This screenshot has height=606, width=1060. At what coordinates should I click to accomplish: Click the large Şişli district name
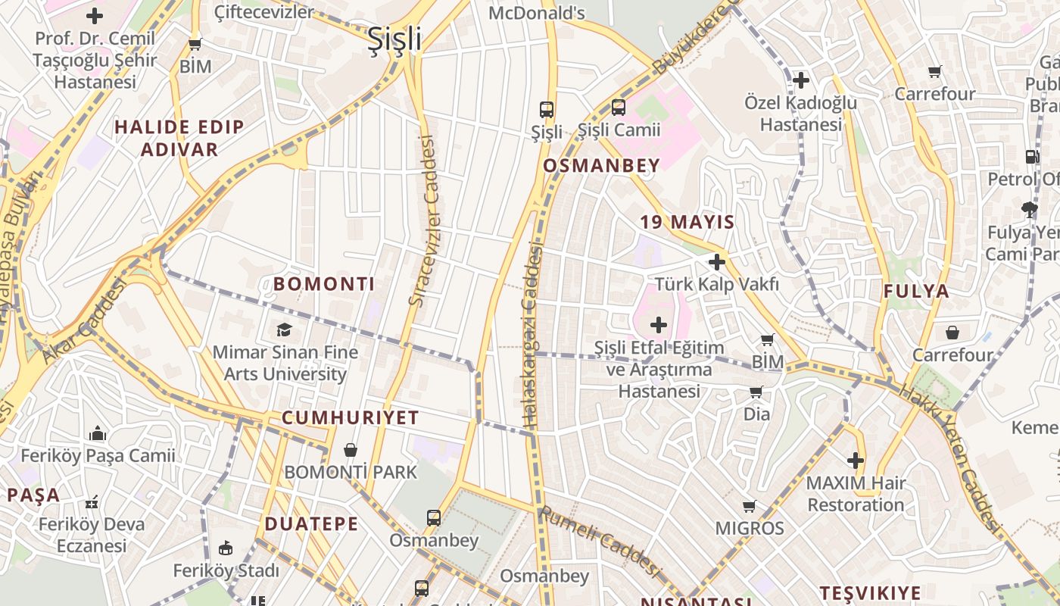(x=394, y=39)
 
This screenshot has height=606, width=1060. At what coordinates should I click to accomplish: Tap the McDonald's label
(x=537, y=13)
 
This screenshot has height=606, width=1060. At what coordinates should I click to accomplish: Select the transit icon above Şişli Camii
(x=619, y=108)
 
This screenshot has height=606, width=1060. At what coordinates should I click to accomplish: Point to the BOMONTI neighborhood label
(x=324, y=284)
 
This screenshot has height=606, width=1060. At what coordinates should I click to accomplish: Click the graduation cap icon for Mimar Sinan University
(x=284, y=330)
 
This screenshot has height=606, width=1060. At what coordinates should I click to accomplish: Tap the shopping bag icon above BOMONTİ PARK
(x=350, y=450)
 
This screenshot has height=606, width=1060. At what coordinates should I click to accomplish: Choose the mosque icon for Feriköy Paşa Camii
(x=98, y=433)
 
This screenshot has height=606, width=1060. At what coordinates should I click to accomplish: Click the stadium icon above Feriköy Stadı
(x=225, y=548)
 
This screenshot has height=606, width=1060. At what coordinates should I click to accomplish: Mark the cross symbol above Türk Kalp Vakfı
(x=716, y=262)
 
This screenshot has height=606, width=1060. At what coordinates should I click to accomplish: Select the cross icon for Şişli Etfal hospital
(x=659, y=325)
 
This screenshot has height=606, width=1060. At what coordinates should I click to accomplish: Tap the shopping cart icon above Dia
(x=756, y=392)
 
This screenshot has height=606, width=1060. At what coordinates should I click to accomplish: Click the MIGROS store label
(x=750, y=528)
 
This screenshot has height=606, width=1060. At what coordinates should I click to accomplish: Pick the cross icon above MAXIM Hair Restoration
(x=856, y=460)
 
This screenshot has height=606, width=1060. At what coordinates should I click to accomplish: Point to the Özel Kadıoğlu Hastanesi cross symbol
(x=800, y=80)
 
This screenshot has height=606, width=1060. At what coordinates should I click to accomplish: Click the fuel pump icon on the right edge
(x=1031, y=157)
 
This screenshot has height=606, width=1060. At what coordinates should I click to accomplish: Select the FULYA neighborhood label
(x=916, y=291)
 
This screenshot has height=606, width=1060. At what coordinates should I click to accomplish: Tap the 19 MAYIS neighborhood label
(x=687, y=222)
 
